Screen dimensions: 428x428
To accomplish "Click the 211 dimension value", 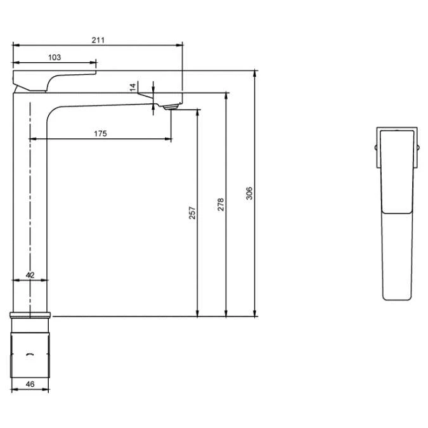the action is point(98,40).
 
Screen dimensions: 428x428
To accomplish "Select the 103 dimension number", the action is point(55,57).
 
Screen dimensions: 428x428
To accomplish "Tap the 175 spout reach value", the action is point(100,134).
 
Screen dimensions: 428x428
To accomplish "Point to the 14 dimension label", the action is point(133,87).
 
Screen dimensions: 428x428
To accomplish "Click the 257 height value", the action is point(192,213).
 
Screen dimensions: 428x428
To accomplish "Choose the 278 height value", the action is point(221,204).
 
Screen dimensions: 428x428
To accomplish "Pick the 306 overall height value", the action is point(249,193).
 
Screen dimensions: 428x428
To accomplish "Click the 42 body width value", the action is point(30,275).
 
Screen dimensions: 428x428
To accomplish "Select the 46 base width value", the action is point(30,384).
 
